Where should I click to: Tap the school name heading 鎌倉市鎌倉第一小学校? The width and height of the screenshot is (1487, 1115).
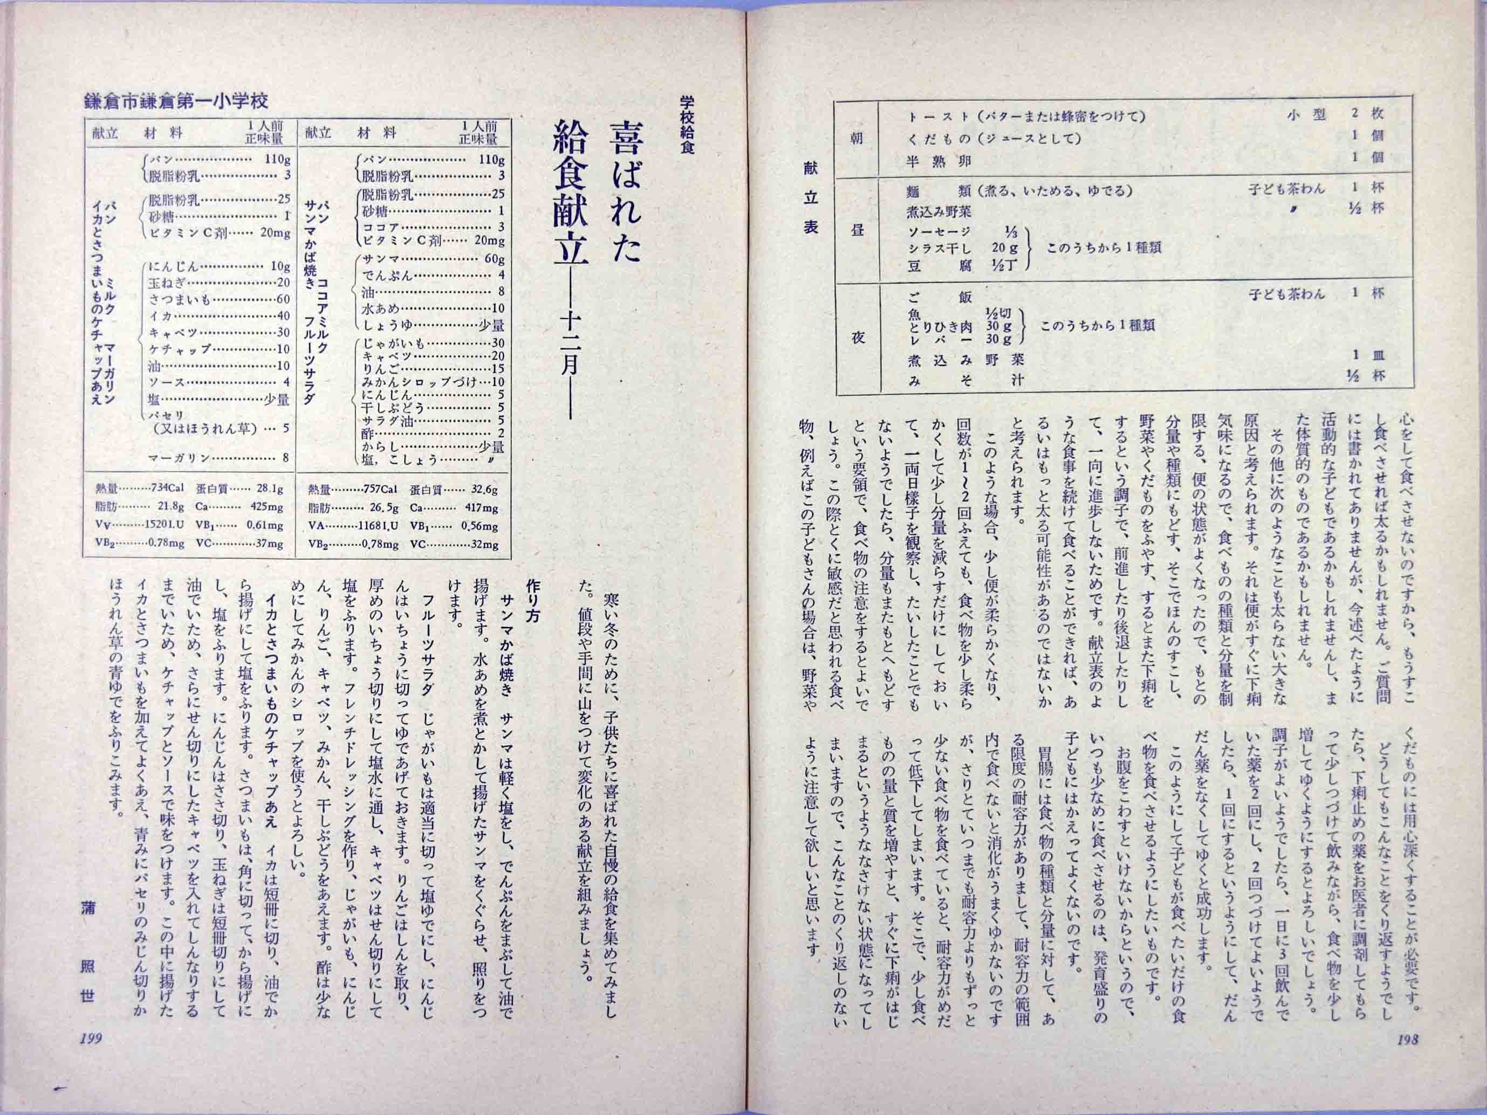[176, 101]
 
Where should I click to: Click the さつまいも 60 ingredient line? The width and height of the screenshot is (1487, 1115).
[219, 299]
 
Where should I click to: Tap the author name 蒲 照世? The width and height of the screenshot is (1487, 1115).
[87, 954]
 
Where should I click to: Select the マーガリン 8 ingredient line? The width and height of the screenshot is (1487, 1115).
[219, 458]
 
